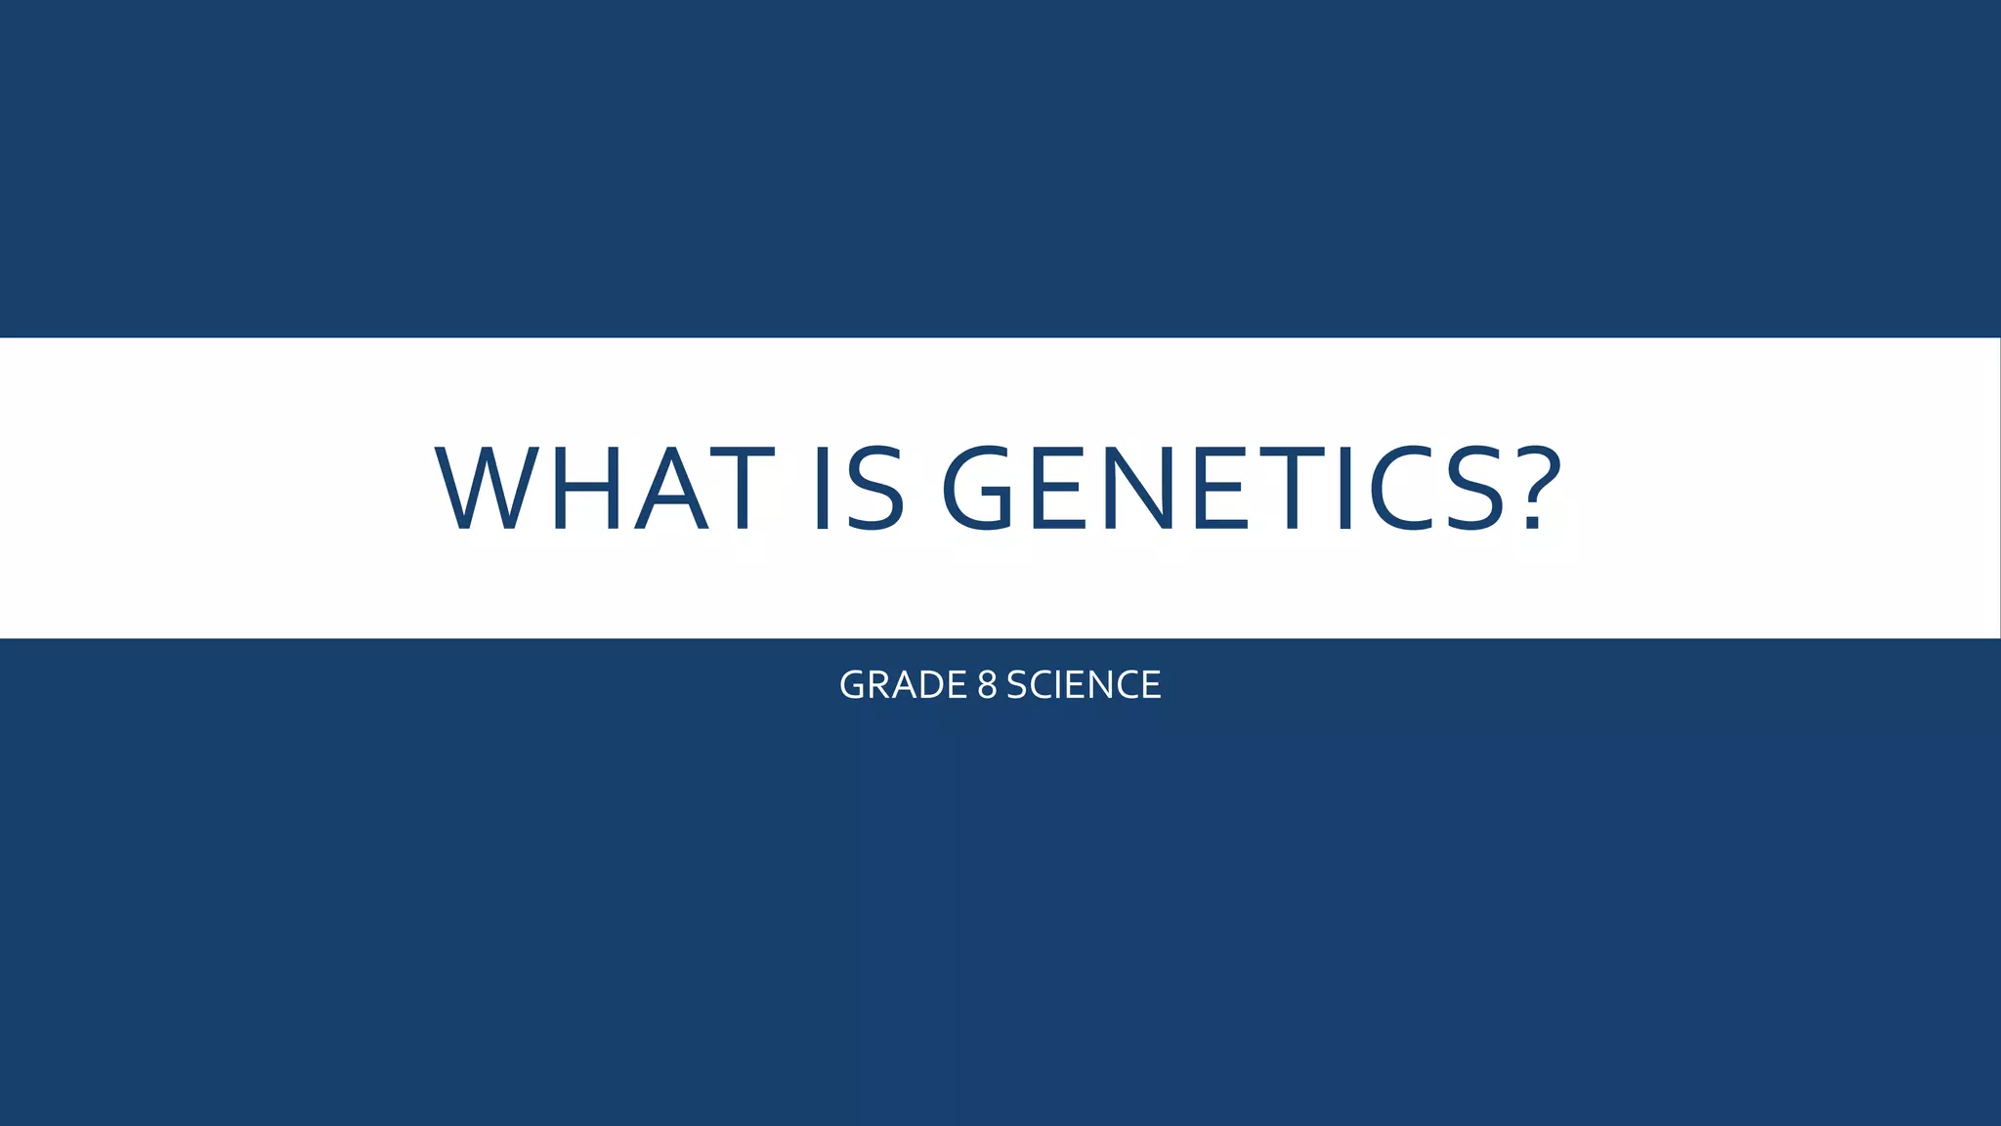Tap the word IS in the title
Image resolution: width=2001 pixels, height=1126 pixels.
859,488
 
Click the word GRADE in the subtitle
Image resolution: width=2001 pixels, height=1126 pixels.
903,685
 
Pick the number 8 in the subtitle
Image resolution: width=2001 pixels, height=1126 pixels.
987,685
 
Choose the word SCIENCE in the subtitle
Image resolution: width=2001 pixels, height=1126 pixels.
1084,685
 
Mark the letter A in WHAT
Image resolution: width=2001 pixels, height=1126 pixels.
671,488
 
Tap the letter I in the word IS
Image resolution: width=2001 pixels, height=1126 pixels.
822,488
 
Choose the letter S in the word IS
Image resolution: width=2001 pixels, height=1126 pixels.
875,488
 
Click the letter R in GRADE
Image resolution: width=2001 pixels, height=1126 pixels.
878,685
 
